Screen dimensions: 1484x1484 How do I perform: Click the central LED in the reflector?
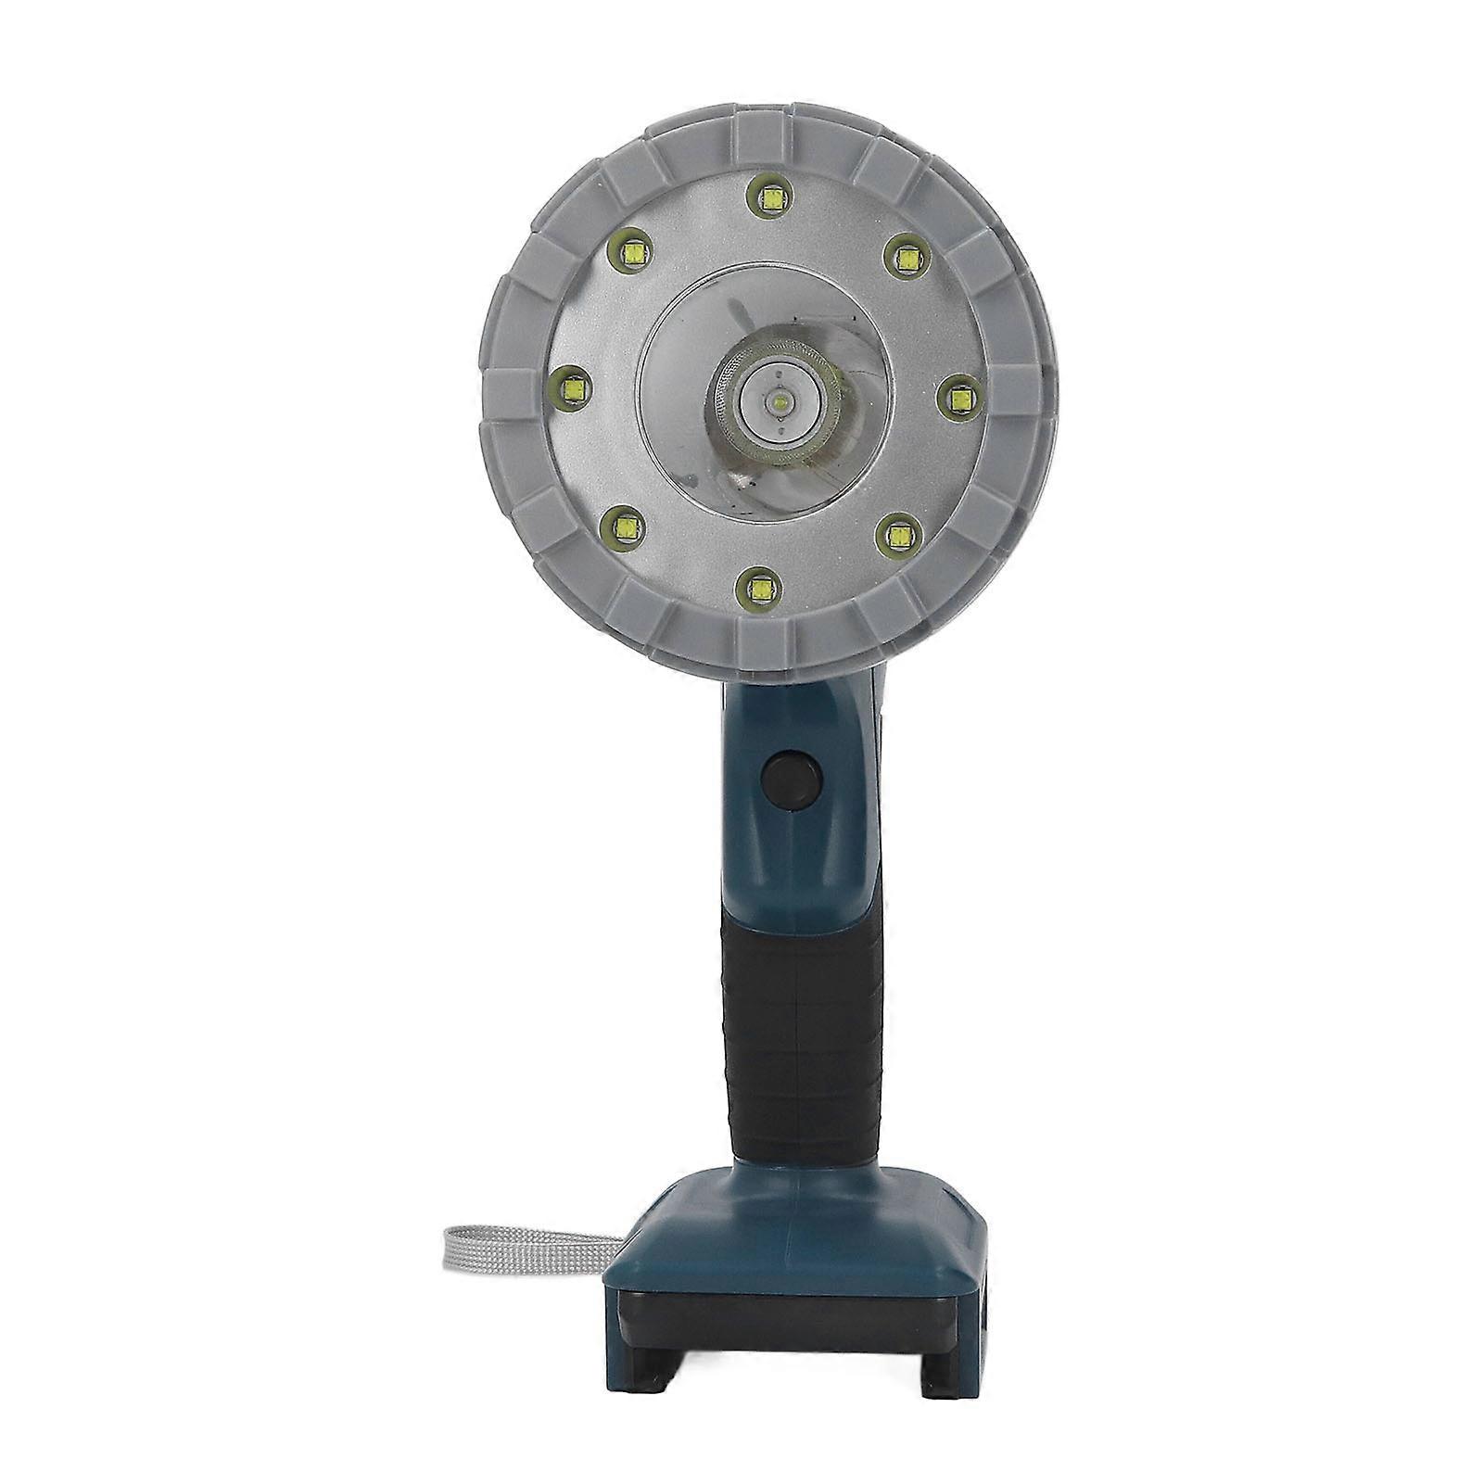[x=780, y=400]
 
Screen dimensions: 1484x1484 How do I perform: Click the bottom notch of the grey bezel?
[x=766, y=640]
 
